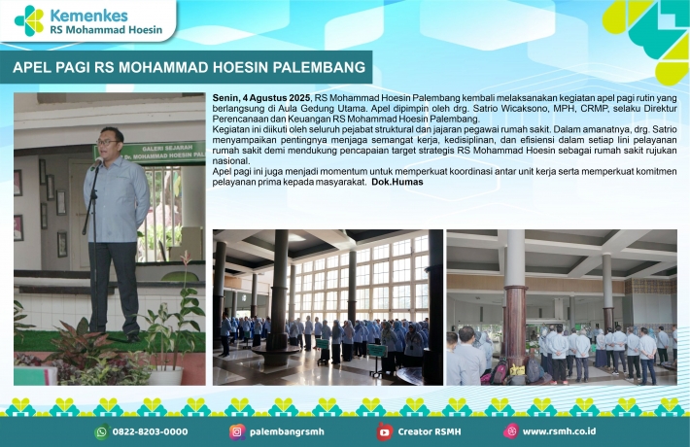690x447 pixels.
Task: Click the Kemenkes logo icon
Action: pyautogui.click(x=29, y=20)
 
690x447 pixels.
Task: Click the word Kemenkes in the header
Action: pyautogui.click(x=89, y=16)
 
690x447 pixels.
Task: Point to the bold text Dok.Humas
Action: pyautogui.click(x=397, y=182)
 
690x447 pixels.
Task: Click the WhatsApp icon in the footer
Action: pyautogui.click(x=102, y=432)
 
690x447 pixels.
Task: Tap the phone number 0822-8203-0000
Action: pyautogui.click(x=150, y=432)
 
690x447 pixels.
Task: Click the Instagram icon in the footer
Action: pyautogui.click(x=237, y=432)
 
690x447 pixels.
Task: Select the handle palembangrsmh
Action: pyautogui.click(x=287, y=432)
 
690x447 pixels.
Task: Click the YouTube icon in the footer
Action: pyautogui.click(x=384, y=432)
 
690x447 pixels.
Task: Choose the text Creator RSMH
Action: pyautogui.click(x=430, y=432)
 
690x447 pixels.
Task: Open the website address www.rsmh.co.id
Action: pyautogui.click(x=559, y=431)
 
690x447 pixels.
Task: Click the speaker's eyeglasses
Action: pyautogui.click(x=107, y=142)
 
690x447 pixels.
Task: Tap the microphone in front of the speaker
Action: pyautogui.click(x=96, y=164)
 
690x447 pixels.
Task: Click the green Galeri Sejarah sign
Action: pyautogui.click(x=150, y=152)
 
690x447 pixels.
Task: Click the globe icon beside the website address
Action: pyautogui.click(x=511, y=431)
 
